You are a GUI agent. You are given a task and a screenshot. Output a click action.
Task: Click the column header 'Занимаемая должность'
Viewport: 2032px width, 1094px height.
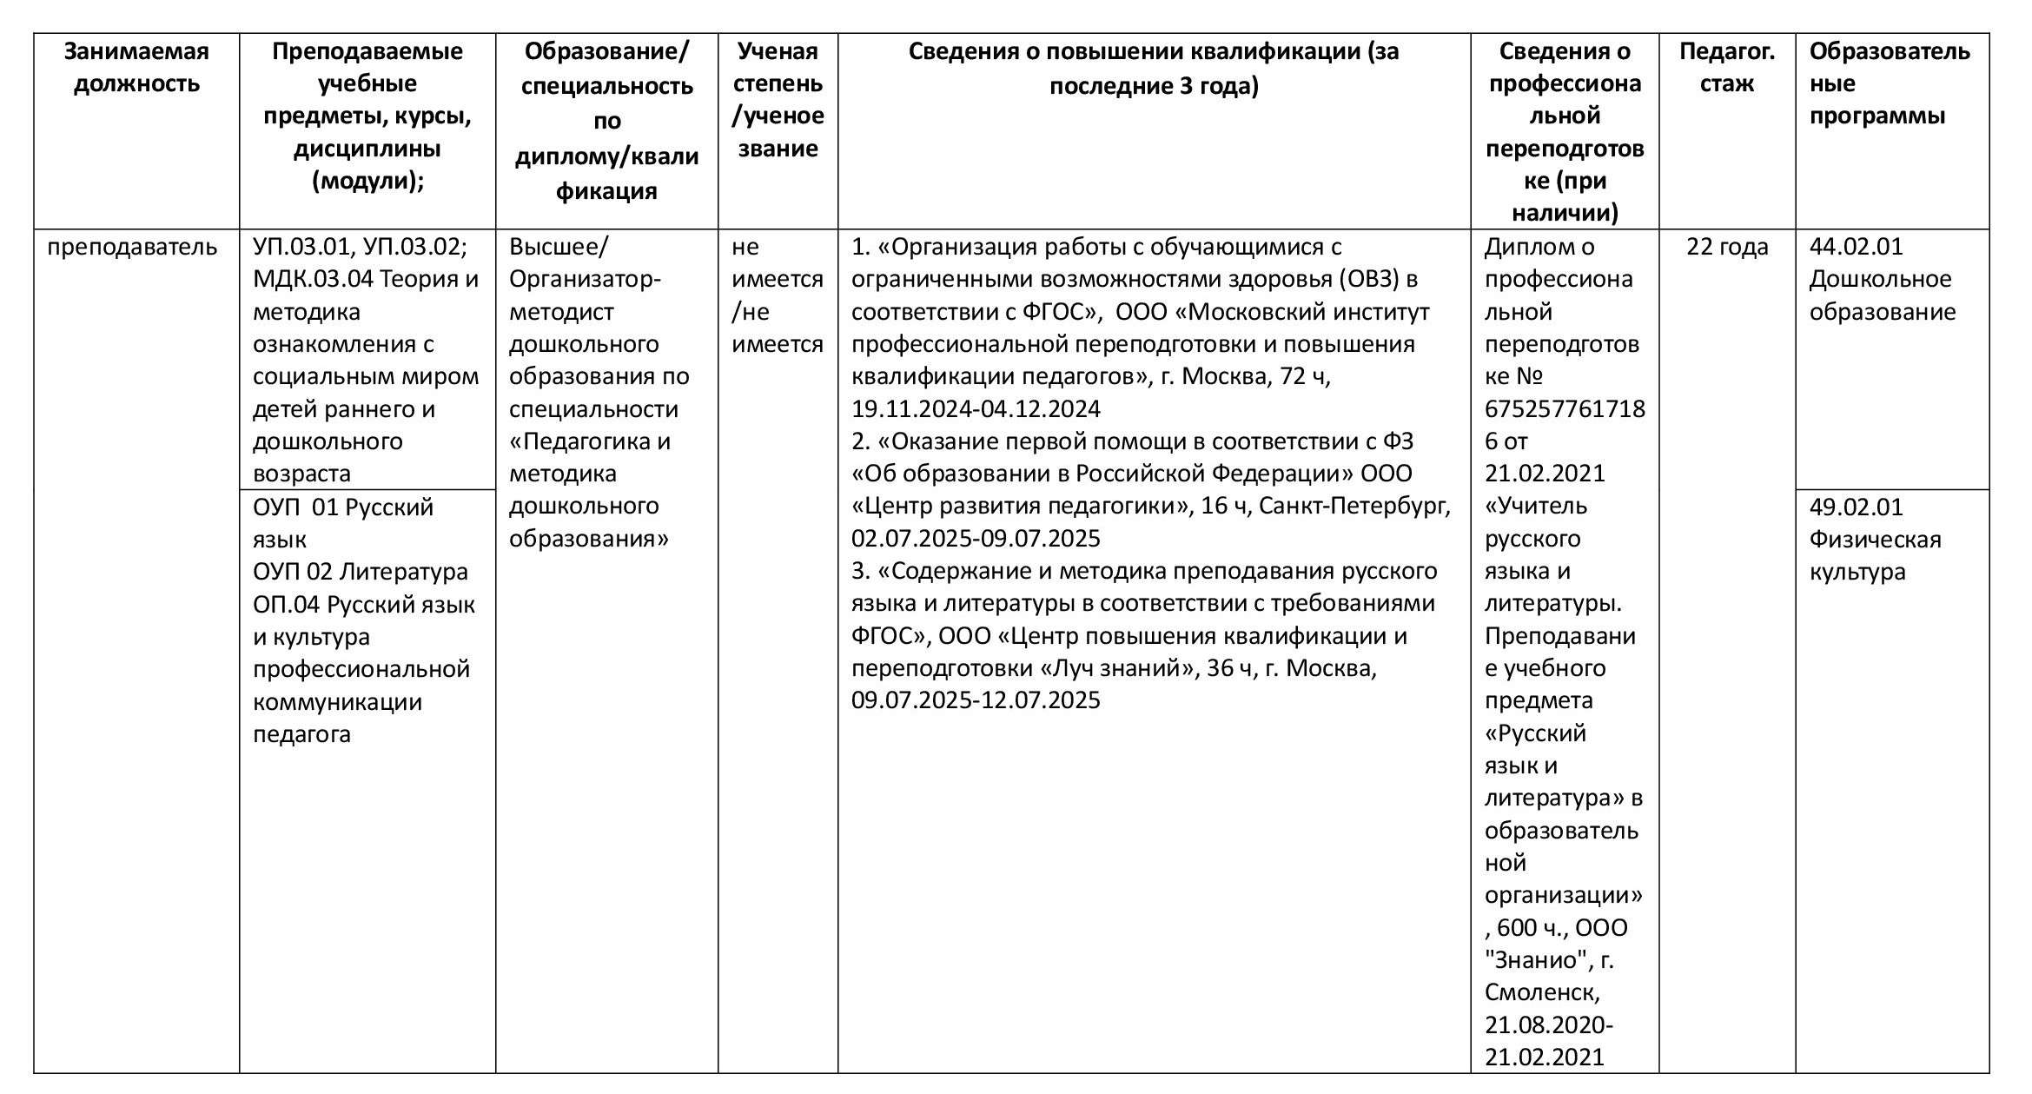[x=136, y=68]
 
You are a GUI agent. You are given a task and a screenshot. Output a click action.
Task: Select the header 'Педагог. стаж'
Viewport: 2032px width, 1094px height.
[x=1726, y=68]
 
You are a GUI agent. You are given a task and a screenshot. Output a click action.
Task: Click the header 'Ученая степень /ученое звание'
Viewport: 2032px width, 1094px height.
[x=778, y=100]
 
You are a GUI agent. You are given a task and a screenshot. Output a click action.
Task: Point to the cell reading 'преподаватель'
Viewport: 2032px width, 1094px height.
[x=132, y=248]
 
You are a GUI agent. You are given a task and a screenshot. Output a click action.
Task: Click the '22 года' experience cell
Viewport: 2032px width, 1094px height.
[x=1726, y=248]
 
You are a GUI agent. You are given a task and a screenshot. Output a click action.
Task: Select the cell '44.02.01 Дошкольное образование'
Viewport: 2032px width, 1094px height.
[x=1882, y=280]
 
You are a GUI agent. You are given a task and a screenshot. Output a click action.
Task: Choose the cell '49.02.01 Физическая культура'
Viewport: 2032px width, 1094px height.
[x=1875, y=540]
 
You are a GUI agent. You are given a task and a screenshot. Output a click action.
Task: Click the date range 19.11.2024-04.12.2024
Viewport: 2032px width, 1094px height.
[x=976, y=409]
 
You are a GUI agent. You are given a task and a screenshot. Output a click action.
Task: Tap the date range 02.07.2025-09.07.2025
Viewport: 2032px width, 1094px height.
[x=976, y=539]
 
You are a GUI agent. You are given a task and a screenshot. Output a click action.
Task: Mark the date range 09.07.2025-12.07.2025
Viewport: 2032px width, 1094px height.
[x=976, y=700]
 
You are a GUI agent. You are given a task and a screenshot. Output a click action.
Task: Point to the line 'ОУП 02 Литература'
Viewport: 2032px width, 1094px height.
[x=360, y=572]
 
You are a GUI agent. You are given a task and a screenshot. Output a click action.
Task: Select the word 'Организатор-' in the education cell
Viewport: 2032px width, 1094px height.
[x=585, y=280]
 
